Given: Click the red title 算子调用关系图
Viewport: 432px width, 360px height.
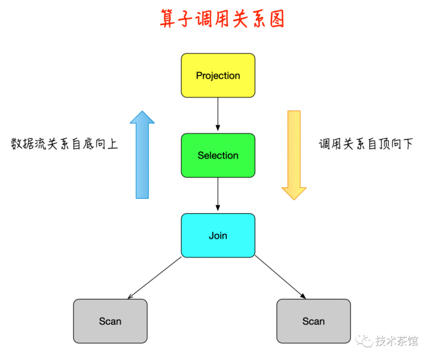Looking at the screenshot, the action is pos(222,18).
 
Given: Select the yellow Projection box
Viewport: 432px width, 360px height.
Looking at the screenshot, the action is pos(218,75).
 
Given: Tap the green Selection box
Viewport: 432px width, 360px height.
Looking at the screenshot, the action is pos(218,156).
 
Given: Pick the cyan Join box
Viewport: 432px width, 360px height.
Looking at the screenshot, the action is pos(218,236).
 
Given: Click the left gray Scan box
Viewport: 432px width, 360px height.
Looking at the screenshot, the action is pos(110,321).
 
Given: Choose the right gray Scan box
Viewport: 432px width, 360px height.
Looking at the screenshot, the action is pos(313,321).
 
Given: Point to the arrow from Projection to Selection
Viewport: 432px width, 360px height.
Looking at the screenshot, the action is pos(218,114).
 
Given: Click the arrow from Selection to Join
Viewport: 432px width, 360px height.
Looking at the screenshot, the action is pos(218,194).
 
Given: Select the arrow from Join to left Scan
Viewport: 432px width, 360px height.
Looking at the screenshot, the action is pos(154,278).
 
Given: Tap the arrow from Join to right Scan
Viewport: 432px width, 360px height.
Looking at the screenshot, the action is pos(280,277).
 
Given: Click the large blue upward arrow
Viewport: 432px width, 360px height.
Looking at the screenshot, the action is pos(142,154).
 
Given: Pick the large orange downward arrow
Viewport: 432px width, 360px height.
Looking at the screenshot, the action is pos(294,155).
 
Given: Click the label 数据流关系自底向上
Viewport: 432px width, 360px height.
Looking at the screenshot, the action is pos(65,144).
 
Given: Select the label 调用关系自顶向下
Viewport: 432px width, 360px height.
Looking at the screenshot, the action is pos(366,144).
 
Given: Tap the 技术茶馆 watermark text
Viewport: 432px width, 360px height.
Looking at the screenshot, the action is pos(396,341).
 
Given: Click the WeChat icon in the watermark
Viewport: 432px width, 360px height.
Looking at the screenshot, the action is pos(364,341).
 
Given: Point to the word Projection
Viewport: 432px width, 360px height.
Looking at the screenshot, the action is pos(218,76).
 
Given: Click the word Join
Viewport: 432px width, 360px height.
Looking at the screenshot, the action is pos(218,236).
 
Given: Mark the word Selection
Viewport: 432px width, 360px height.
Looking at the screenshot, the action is pos(218,156).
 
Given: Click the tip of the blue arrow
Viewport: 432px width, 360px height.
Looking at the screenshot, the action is pos(142,111).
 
